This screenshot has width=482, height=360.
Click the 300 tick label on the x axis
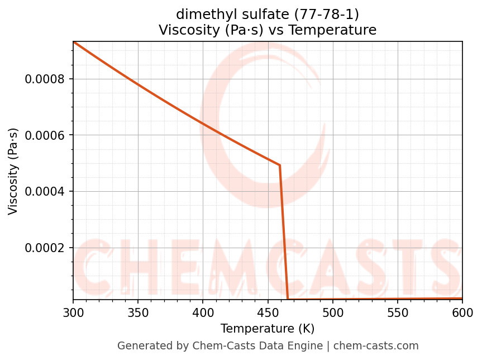73,311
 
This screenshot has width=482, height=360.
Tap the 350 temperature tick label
138,311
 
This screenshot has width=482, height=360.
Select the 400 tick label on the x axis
203,311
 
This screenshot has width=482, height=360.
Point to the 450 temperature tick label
268,311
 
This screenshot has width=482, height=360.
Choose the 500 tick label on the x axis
333,311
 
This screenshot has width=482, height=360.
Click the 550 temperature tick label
398,311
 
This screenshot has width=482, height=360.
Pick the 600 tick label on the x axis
462,311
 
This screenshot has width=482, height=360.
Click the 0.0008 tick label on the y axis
45,79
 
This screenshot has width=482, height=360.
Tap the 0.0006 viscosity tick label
45,135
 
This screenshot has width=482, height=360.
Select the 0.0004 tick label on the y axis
45,192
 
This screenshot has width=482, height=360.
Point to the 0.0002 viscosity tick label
45,248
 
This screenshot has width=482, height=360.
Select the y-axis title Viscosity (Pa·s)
13,171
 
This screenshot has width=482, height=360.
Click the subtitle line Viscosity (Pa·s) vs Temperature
268,30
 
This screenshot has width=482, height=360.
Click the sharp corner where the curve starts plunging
279,165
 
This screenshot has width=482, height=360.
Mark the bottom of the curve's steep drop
288,299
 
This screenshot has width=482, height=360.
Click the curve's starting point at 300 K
74,42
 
